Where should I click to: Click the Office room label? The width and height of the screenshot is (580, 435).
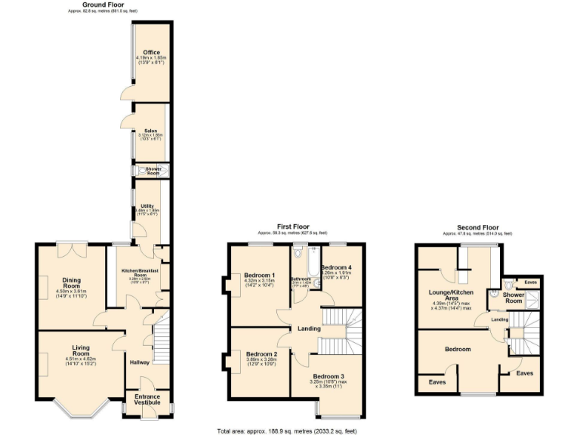point(152,52)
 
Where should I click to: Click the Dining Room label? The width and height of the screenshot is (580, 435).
point(71,282)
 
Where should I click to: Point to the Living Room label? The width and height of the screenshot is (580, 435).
point(81,350)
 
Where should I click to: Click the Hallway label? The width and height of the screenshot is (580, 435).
point(140,362)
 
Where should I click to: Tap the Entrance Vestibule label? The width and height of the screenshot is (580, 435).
point(147,400)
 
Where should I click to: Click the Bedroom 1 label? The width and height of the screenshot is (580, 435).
point(259,275)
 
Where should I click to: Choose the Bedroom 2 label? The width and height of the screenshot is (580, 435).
point(261,353)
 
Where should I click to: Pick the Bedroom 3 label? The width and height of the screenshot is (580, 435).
point(329,376)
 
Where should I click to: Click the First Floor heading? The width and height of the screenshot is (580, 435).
point(293,226)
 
